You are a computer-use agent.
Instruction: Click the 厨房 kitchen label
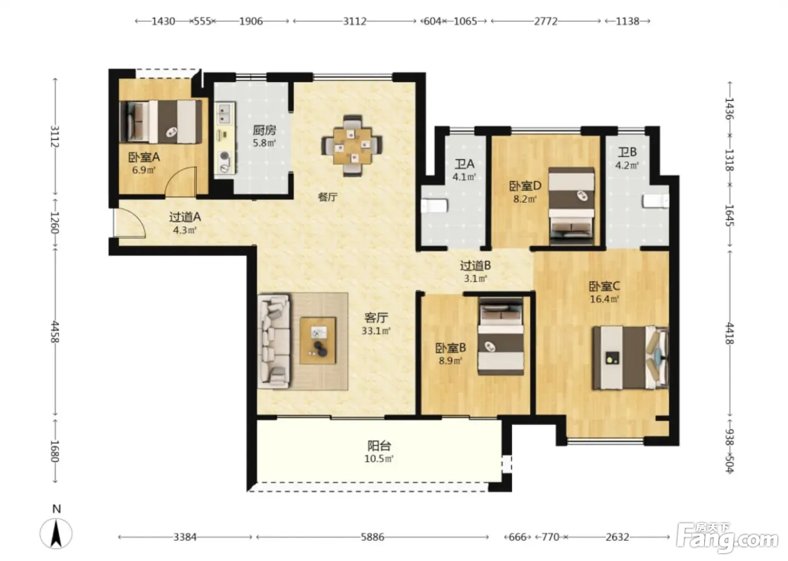click(264, 130)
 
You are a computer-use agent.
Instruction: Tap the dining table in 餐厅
click(352, 146)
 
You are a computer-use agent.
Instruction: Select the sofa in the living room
click(274, 341)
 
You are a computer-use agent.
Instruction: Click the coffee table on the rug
click(318, 340)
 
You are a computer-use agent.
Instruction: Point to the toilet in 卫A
click(435, 207)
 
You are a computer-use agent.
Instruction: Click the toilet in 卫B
click(656, 201)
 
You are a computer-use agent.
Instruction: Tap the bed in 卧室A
click(161, 122)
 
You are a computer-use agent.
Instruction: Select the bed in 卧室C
click(630, 358)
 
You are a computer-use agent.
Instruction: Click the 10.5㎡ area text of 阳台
click(378, 459)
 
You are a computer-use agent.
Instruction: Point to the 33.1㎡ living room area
click(376, 331)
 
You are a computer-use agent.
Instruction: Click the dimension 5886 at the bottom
click(373, 537)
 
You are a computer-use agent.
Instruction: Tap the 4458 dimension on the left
click(55, 332)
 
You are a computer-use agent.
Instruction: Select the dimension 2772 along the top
click(545, 21)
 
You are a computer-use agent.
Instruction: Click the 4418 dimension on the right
click(729, 333)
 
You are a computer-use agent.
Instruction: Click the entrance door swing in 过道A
click(130, 223)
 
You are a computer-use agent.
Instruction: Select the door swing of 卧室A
click(181, 181)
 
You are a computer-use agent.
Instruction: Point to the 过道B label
click(475, 266)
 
